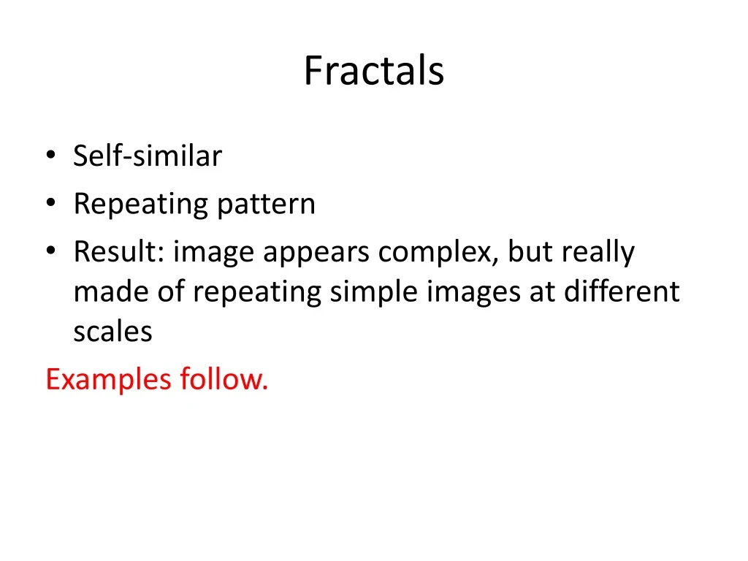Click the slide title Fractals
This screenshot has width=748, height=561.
tap(374, 71)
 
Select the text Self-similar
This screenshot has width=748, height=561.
tap(147, 156)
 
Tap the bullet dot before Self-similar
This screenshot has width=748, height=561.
tap(50, 156)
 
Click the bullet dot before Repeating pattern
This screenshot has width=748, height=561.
tap(50, 204)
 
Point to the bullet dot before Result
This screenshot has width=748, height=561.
tap(50, 252)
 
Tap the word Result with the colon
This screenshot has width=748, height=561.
tap(120, 252)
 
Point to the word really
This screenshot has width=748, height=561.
tap(598, 252)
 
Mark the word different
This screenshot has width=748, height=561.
tap(622, 291)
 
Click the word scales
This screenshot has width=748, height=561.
tap(112, 332)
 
